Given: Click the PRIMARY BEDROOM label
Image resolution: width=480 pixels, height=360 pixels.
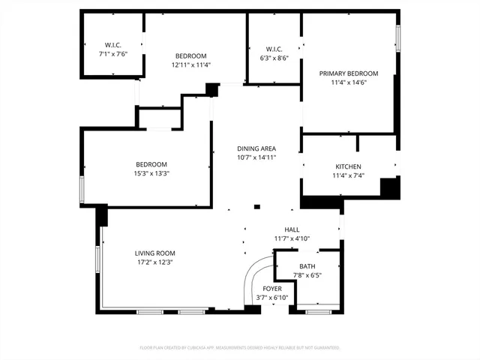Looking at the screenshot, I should point(348,73).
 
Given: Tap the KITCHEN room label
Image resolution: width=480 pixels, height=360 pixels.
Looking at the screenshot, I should point(348,166).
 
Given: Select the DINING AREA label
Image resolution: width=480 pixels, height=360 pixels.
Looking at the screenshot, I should point(256,148).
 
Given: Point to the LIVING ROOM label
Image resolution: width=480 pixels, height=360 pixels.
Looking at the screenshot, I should point(154,253).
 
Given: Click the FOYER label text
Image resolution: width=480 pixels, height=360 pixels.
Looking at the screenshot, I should point(272,289).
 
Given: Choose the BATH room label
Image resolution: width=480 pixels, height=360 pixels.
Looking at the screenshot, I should point(307,267).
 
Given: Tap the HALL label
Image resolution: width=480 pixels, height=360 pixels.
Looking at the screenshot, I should point(292,230).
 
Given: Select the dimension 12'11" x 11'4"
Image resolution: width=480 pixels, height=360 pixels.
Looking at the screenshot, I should point(190,65).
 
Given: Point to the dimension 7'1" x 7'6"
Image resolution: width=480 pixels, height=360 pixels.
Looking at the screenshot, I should point(113,55).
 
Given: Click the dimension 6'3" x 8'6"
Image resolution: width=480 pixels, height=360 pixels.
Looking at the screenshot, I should point(274,58).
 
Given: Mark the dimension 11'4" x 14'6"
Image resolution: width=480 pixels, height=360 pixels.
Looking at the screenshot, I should point(348,82).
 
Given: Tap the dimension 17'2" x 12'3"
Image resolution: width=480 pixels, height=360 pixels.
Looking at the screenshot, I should point(154,262).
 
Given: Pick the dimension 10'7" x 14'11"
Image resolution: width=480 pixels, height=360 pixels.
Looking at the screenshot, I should point(256,157).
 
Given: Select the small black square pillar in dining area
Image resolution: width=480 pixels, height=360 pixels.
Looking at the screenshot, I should point(256,207).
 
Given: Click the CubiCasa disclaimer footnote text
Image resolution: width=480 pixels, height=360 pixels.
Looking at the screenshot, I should point(240,348).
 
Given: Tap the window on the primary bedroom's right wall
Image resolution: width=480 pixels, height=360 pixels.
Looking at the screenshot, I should point(398,39).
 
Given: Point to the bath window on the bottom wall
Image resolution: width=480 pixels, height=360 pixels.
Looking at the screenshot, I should point(318,309).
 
